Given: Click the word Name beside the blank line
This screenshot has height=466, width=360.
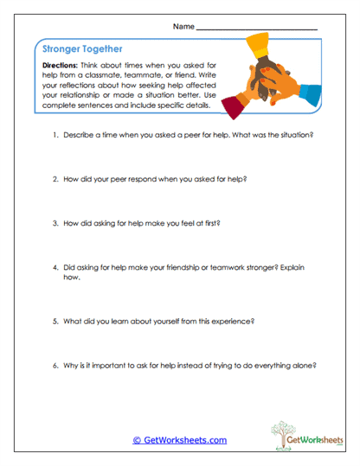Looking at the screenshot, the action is [183, 27].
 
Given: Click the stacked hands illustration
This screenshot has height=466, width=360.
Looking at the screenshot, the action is [270, 80].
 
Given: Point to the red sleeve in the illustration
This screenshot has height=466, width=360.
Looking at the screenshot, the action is [234, 107].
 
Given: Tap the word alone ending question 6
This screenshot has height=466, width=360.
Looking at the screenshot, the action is [305, 364].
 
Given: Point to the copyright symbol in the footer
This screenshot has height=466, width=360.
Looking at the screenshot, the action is [136, 440].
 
